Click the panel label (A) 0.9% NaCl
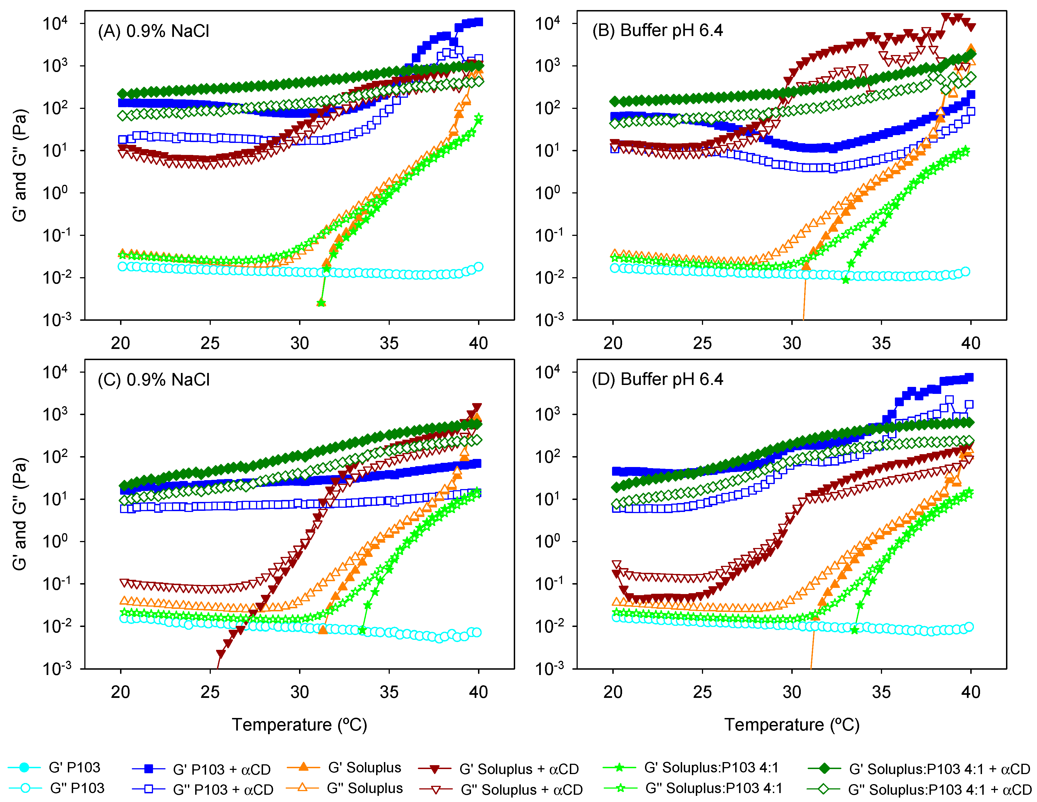pos(153,31)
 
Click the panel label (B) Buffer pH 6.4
pos(657,30)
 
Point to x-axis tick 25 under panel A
pos(210,343)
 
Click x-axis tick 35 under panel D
pos(881,692)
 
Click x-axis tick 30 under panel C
pos(300,692)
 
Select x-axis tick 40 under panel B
pos(971,343)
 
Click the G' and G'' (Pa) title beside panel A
pos(20,165)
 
